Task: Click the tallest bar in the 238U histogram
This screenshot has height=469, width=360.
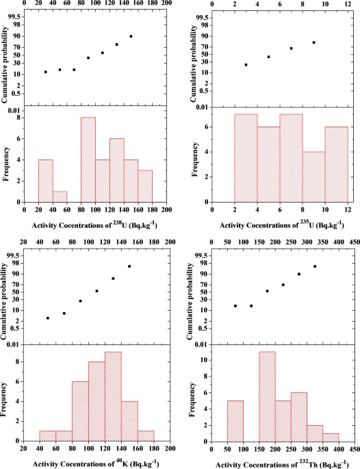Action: (88, 160)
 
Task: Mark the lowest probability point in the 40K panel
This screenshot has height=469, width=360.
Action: (48, 318)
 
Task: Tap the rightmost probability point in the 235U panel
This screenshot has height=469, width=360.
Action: (313, 42)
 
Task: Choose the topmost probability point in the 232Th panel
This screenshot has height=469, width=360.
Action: (315, 266)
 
